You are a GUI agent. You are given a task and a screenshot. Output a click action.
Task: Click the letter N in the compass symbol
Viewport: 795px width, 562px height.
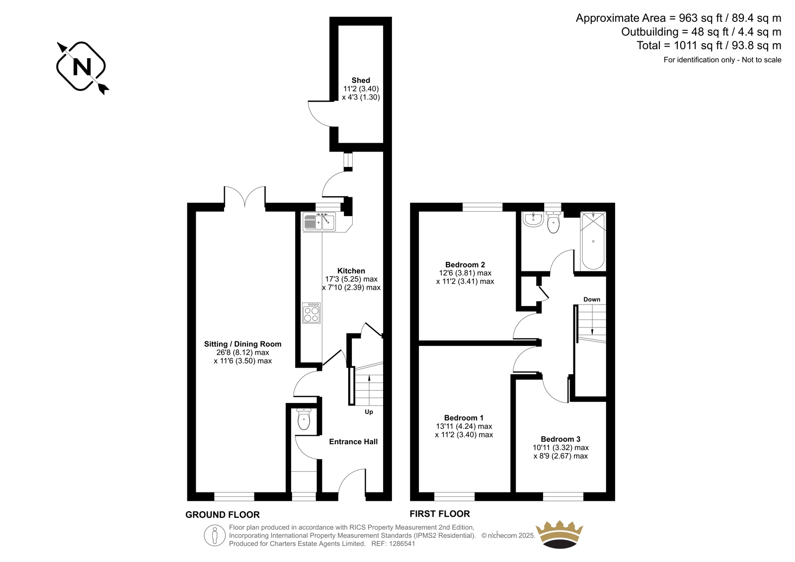pos(81,67)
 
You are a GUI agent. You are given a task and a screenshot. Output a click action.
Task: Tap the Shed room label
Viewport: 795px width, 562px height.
pos(361,80)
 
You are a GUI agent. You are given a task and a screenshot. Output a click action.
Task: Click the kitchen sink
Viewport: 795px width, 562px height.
pos(319,222)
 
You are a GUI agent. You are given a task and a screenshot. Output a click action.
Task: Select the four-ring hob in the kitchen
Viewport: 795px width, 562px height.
pos(311,313)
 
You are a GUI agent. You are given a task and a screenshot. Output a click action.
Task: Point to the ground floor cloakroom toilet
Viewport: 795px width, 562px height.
pos(304,419)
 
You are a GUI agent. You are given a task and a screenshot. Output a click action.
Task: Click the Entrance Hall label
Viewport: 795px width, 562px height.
pos(353,442)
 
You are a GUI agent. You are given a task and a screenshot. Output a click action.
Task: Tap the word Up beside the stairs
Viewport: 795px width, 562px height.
pos(369,412)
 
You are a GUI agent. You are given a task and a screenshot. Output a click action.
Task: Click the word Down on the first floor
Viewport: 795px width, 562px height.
pos(592,299)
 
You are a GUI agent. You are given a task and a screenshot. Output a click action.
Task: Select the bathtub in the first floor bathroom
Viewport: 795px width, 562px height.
pos(593,241)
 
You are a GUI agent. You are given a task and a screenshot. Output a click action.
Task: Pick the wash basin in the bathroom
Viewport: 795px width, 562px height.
pos(533,219)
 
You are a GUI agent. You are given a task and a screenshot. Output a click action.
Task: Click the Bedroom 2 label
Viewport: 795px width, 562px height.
pos(465,264)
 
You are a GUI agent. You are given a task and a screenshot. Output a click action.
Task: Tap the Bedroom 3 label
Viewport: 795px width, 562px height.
pos(560,439)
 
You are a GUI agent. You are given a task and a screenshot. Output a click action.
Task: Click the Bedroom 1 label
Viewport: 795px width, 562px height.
pos(464,418)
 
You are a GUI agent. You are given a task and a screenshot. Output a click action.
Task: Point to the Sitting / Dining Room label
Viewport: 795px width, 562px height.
pos(243,344)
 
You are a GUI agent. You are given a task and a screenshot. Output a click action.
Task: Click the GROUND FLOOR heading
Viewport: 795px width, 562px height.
pos(223,514)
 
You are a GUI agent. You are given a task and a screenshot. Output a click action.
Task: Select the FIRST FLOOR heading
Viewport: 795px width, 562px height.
pos(440,514)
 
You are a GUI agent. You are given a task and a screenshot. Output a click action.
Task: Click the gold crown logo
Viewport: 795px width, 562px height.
pos(559,534)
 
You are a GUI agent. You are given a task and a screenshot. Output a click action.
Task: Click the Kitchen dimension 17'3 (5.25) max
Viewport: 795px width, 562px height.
pos(351,279)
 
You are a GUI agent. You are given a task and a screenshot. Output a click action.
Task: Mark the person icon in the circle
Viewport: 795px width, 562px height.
pos(214,535)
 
